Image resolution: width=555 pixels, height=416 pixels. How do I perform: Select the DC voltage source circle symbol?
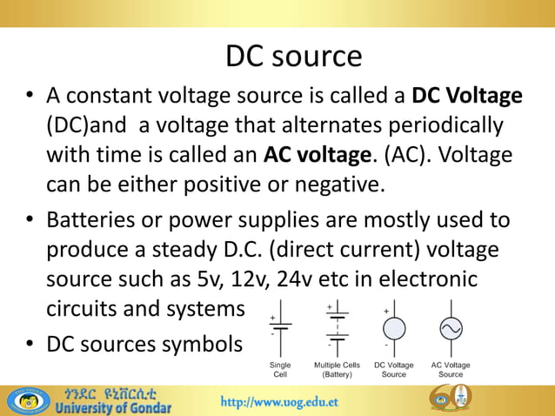click(x=393, y=328)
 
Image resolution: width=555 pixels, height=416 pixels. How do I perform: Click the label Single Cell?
click(x=281, y=369)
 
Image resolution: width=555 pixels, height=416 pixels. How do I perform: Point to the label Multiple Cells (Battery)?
click(x=337, y=369)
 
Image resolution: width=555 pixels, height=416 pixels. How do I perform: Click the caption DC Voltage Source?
click(x=393, y=369)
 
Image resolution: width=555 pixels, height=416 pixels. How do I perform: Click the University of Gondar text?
click(x=112, y=406)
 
